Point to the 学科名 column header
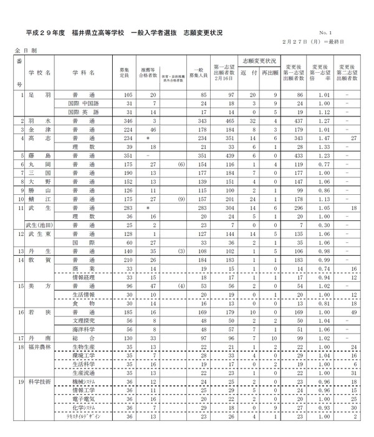[x=84, y=73]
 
